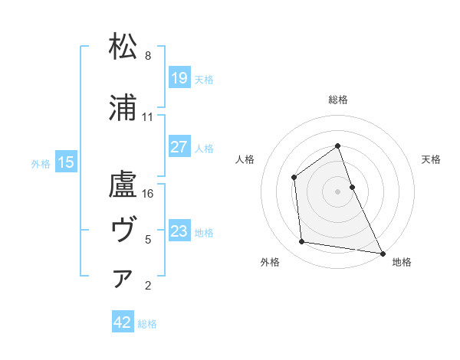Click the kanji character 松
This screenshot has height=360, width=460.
pyautogui.click(x=123, y=47)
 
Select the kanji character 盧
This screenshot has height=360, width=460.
pyautogui.click(x=123, y=185)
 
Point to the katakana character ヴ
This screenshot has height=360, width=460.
pyautogui.click(x=123, y=228)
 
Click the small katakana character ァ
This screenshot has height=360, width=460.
pyautogui.click(x=123, y=279)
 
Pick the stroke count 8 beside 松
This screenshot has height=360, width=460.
pyautogui.click(x=148, y=56)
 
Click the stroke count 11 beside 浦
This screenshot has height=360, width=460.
pyautogui.click(x=148, y=117)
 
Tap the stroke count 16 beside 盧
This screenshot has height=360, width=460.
pyautogui.click(x=148, y=194)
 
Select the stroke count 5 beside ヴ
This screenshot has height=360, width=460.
pyautogui.click(x=148, y=240)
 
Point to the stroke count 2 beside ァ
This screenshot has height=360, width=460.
pyautogui.click(x=148, y=286)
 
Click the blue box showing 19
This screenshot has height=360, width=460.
pyautogui.click(x=179, y=77)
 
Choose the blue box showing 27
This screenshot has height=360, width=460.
pyautogui.click(x=179, y=147)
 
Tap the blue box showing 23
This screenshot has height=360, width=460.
pyautogui.click(x=179, y=231)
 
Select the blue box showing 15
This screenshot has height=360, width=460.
pyautogui.click(x=66, y=162)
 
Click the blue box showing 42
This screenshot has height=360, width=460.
pyautogui.click(x=123, y=323)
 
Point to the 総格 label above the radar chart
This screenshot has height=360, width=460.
pyautogui.click(x=337, y=100)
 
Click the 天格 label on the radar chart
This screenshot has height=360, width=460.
pyautogui.click(x=431, y=159)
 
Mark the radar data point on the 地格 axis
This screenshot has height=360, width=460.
pyautogui.click(x=383, y=253)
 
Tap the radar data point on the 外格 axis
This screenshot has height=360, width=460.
pyautogui.click(x=302, y=242)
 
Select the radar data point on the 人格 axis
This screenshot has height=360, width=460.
pyautogui.click(x=294, y=178)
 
